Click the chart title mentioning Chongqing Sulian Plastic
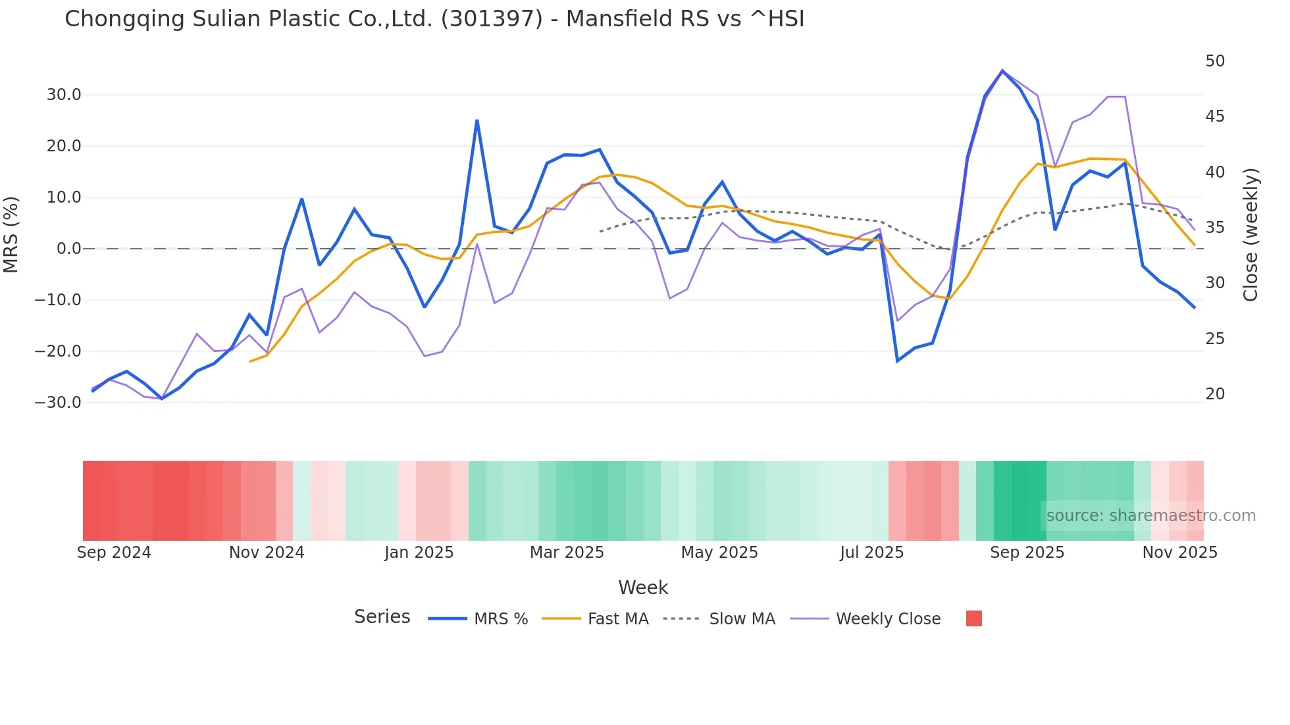click(434, 19)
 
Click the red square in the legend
click(973, 618)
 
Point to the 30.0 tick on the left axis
click(64, 95)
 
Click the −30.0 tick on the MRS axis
click(59, 403)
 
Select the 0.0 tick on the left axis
click(68, 249)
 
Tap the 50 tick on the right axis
click(1215, 61)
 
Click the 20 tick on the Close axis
click(1215, 394)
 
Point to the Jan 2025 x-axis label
click(419, 553)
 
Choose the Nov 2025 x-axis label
click(1179, 553)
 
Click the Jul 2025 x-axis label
click(871, 553)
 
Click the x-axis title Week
click(643, 587)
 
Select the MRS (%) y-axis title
click(11, 234)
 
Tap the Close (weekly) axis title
click(1251, 234)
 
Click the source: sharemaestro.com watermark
click(1150, 516)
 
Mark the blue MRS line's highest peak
click(1002, 70)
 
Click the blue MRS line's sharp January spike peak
click(477, 120)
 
